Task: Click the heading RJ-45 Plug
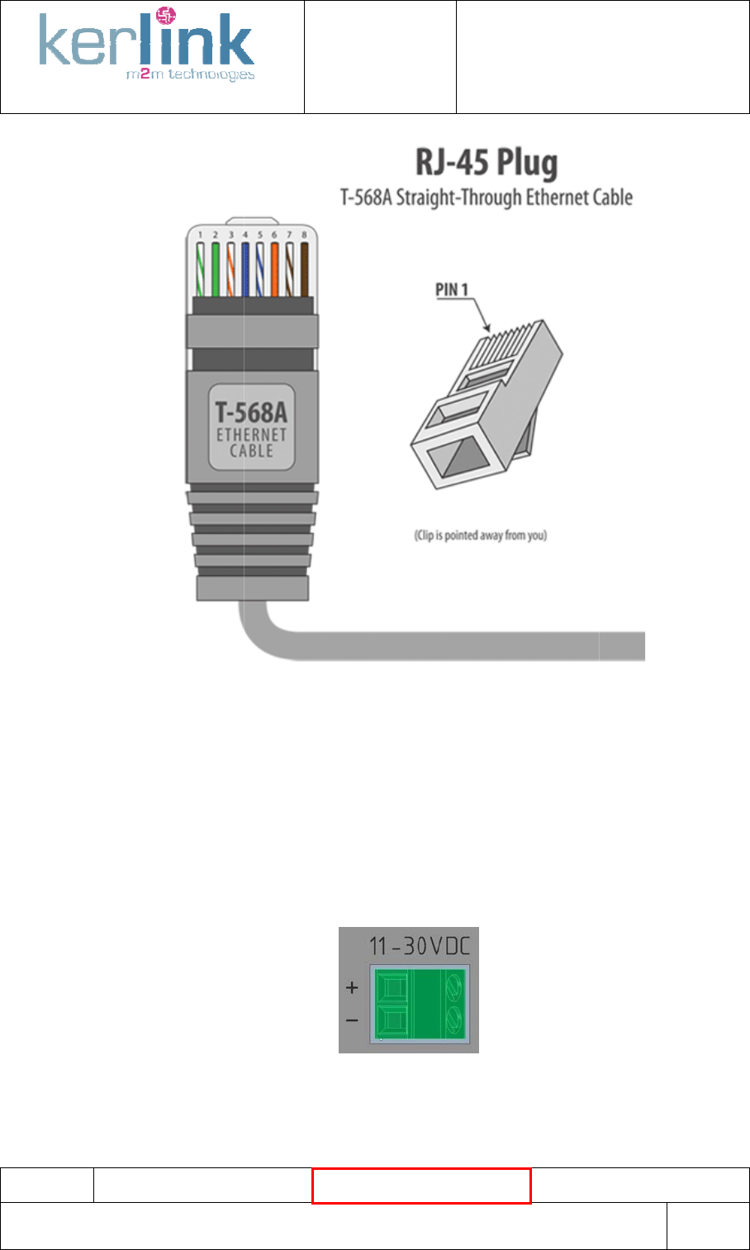[x=486, y=164]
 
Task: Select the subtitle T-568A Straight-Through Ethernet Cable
[x=487, y=198]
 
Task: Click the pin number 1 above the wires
[x=200, y=235]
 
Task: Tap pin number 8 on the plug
[x=304, y=235]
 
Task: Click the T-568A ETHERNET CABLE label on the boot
[x=251, y=426]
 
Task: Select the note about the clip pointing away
[x=480, y=535]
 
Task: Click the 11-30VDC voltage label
[x=420, y=944]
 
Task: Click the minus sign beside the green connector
[x=352, y=1021]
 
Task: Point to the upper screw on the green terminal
[x=454, y=985]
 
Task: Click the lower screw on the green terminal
[x=454, y=1016]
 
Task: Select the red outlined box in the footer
[x=421, y=1186]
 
